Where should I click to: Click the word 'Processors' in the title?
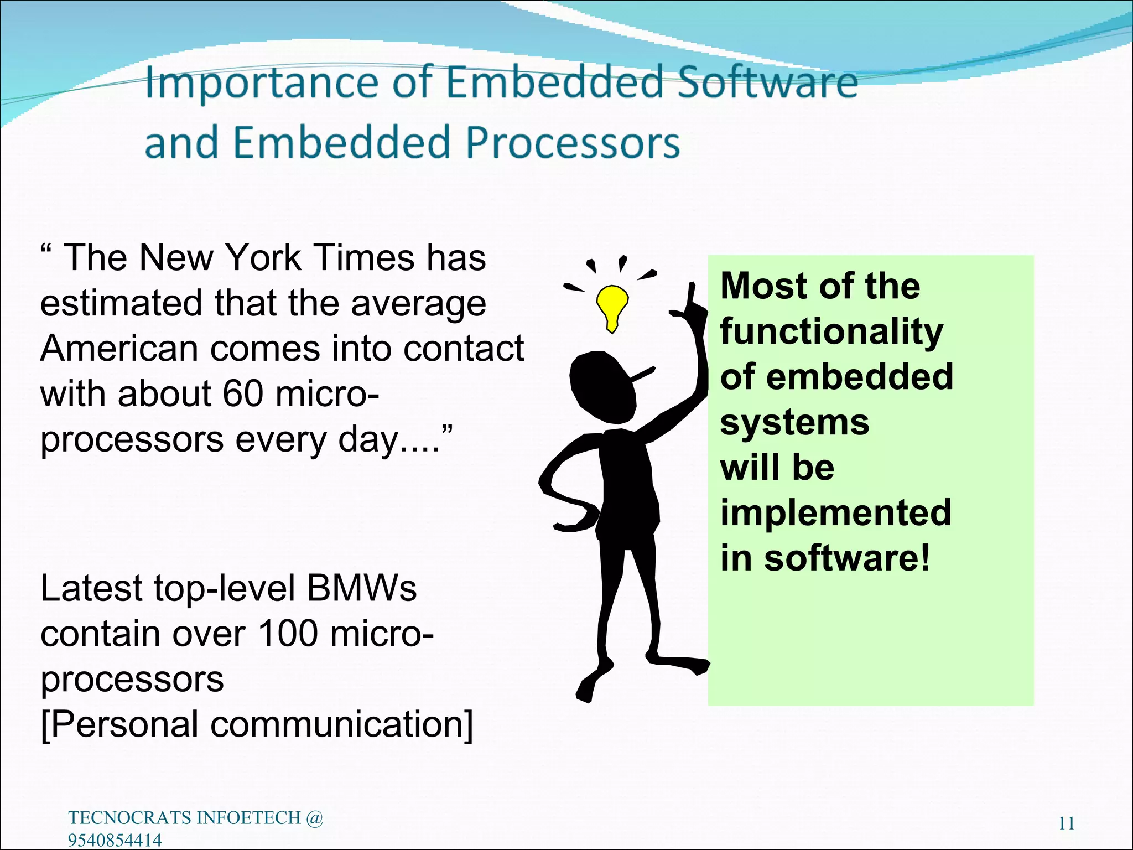click(572, 143)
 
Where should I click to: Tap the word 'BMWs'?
click(361, 588)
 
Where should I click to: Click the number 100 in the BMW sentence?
click(288, 633)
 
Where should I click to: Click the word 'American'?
click(119, 349)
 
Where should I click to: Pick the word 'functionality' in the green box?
click(831, 331)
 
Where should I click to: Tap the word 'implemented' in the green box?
click(835, 512)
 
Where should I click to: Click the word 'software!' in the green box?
click(848, 557)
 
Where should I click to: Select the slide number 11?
click(1066, 823)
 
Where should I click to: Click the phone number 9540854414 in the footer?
click(115, 840)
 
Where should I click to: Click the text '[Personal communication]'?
click(257, 724)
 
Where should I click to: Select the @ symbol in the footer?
click(314, 818)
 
